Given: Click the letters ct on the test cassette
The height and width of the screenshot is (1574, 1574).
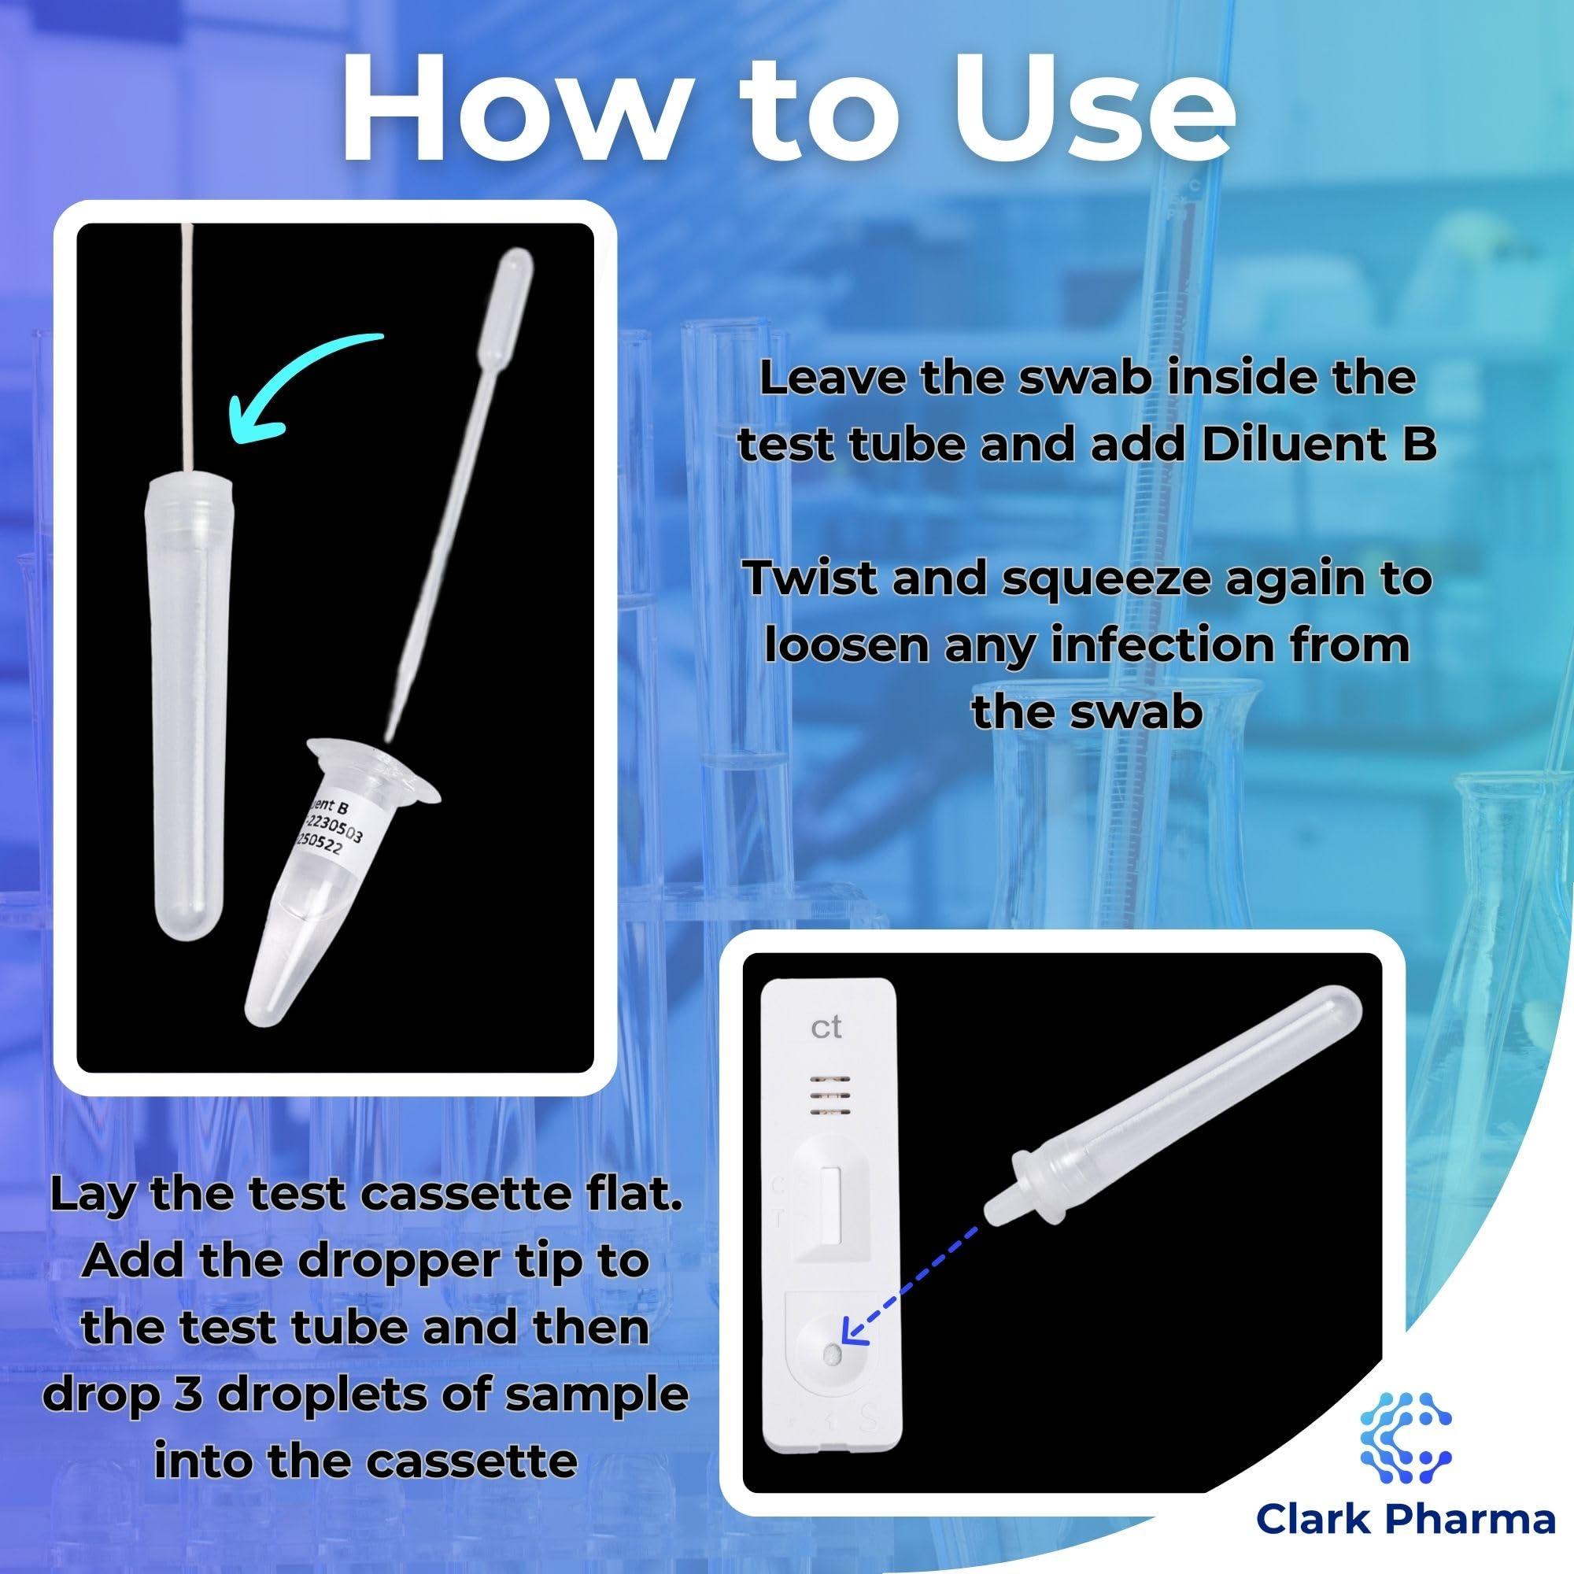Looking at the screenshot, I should [826, 1028].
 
